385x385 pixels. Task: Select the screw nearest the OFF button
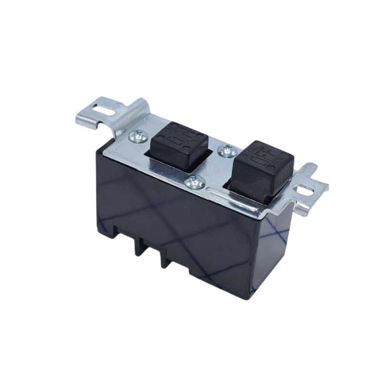click(225, 148)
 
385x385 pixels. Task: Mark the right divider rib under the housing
click(163, 258)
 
